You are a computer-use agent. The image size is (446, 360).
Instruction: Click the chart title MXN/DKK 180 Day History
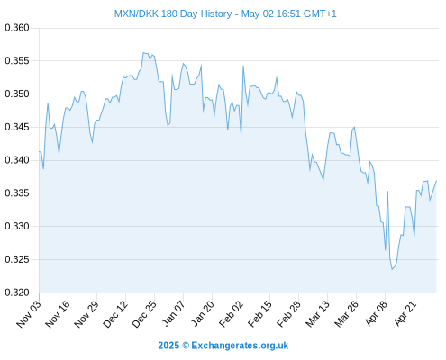pyautogui.click(x=173, y=13)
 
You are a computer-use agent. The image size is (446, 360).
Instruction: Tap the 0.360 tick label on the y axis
pyautogui.click(x=17, y=28)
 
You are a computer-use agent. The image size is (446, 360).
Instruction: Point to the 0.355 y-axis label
pyautogui.click(x=17, y=61)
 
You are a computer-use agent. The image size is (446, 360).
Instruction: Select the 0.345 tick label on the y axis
pyautogui.click(x=17, y=127)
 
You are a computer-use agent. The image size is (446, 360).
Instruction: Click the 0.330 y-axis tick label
pyautogui.click(x=17, y=226)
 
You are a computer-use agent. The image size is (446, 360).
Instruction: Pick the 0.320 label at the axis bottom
pyautogui.click(x=17, y=292)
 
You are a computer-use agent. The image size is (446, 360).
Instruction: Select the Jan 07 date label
pyautogui.click(x=173, y=313)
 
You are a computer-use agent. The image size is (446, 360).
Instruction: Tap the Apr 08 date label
pyautogui.click(x=376, y=313)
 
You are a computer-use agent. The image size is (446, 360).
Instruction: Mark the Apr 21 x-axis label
pyautogui.click(x=405, y=313)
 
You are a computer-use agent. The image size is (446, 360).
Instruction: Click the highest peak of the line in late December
pyautogui.click(x=143, y=53)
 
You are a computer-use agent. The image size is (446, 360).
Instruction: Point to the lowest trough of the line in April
pyautogui.click(x=392, y=269)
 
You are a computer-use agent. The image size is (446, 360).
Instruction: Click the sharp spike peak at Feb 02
pyautogui.click(x=243, y=66)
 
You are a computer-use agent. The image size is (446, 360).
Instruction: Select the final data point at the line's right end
pyautogui.click(x=436, y=181)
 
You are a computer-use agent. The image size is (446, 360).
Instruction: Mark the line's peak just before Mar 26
pyautogui.click(x=354, y=127)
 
